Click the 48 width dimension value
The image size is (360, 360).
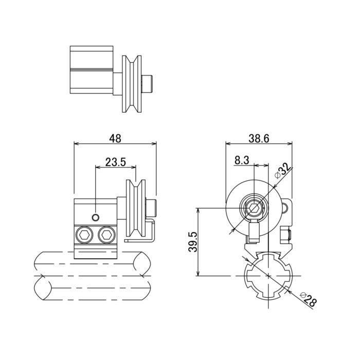[x=115, y=138]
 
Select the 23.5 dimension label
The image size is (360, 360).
[x=116, y=162]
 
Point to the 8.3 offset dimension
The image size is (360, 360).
[x=242, y=160]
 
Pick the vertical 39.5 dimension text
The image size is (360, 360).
[x=191, y=242]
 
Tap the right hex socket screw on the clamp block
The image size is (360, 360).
[x=106, y=236]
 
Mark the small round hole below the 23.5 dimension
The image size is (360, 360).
[x=96, y=218]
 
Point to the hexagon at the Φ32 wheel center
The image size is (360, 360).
[x=254, y=208]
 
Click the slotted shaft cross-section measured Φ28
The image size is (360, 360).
[x=268, y=275]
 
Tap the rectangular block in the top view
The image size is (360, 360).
[x=91, y=70]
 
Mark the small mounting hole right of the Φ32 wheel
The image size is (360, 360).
[x=284, y=208]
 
